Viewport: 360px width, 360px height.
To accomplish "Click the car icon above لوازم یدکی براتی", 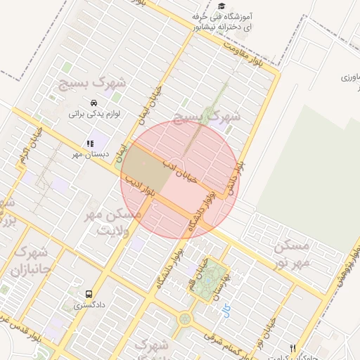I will tap(94, 103).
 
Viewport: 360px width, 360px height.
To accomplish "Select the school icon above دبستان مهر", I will tap(90, 143).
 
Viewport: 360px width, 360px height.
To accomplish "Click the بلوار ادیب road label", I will tap(139, 188).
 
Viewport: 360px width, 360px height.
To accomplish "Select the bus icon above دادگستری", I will tap(89, 294).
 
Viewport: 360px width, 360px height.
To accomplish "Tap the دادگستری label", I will tap(90, 305).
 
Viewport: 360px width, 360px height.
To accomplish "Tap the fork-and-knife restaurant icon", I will tap(293, 348).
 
